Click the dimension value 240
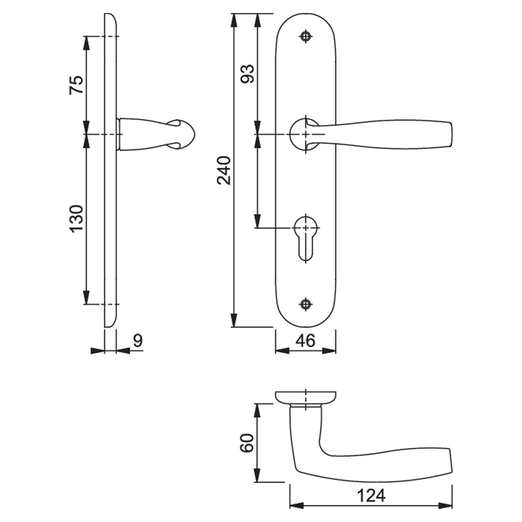(x=224, y=170)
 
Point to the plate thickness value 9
(x=138, y=341)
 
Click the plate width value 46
(x=306, y=341)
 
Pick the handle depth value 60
(x=247, y=443)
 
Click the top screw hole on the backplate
(x=306, y=36)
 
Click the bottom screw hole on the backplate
(x=306, y=304)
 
